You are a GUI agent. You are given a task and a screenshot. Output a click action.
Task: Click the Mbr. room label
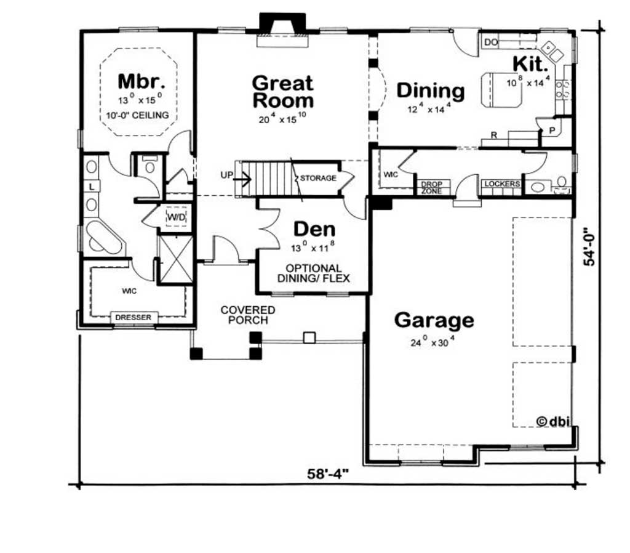pyautogui.click(x=142, y=82)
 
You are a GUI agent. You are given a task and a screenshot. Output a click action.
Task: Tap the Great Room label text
pyautogui.click(x=283, y=92)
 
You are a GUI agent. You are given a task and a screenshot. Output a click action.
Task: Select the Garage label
pyautogui.click(x=434, y=320)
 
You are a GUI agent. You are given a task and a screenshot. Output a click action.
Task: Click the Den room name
pyautogui.click(x=314, y=229)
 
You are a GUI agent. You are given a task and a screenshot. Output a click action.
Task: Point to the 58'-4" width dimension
pyautogui.click(x=328, y=474)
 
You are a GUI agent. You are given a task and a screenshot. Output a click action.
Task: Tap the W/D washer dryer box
pyautogui.click(x=177, y=217)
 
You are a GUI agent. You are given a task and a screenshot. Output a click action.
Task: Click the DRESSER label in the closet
pyautogui.click(x=134, y=317)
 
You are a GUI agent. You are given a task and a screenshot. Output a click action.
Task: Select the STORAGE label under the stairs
pyautogui.click(x=318, y=178)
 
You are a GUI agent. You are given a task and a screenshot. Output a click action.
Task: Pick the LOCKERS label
pyautogui.click(x=502, y=184)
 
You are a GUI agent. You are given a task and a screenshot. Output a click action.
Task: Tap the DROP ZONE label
pyautogui.click(x=432, y=187)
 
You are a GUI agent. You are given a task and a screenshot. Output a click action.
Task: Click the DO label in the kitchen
pyautogui.click(x=490, y=42)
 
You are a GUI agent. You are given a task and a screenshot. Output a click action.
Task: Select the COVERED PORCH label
pyautogui.click(x=248, y=315)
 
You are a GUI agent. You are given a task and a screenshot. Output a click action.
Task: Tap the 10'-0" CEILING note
pyautogui.click(x=137, y=115)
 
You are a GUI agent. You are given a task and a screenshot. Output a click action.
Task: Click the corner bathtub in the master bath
pyautogui.click(x=104, y=238)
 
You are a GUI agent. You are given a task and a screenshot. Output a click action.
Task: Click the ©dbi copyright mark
pyautogui.click(x=553, y=421)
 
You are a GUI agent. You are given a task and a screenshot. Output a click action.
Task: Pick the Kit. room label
pyautogui.click(x=530, y=63)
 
